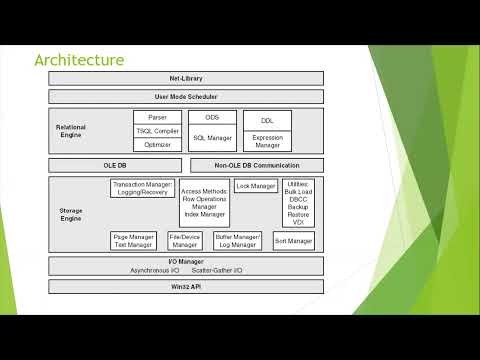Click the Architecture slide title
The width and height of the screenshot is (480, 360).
pyautogui.click(x=79, y=60)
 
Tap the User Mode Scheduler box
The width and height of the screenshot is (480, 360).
pyautogui.click(x=186, y=96)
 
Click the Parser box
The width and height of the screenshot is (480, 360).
pyautogui.click(x=157, y=117)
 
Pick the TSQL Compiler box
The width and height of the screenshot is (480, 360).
pyautogui.click(x=157, y=131)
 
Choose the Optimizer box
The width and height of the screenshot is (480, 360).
pyautogui.click(x=157, y=145)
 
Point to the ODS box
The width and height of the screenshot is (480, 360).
pyautogui.click(x=211, y=117)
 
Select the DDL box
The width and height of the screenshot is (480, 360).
pyautogui.click(x=266, y=120)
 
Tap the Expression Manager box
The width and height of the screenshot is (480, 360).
pyautogui.click(x=266, y=141)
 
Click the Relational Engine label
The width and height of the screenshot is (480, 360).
pyautogui.click(x=71, y=131)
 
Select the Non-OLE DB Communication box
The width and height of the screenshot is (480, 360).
pyautogui.click(x=256, y=165)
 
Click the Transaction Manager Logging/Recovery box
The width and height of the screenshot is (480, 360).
pyautogui.click(x=143, y=188)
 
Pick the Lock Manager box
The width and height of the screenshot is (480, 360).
pyautogui.click(x=257, y=186)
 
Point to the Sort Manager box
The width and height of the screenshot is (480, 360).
pyautogui.click(x=293, y=241)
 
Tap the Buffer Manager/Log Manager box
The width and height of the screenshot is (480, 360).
pyautogui.click(x=237, y=241)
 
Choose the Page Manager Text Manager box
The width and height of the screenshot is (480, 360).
pyautogui.click(x=133, y=241)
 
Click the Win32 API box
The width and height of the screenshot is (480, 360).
pyautogui.click(x=186, y=287)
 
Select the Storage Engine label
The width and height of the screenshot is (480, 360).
pyautogui.click(x=71, y=215)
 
